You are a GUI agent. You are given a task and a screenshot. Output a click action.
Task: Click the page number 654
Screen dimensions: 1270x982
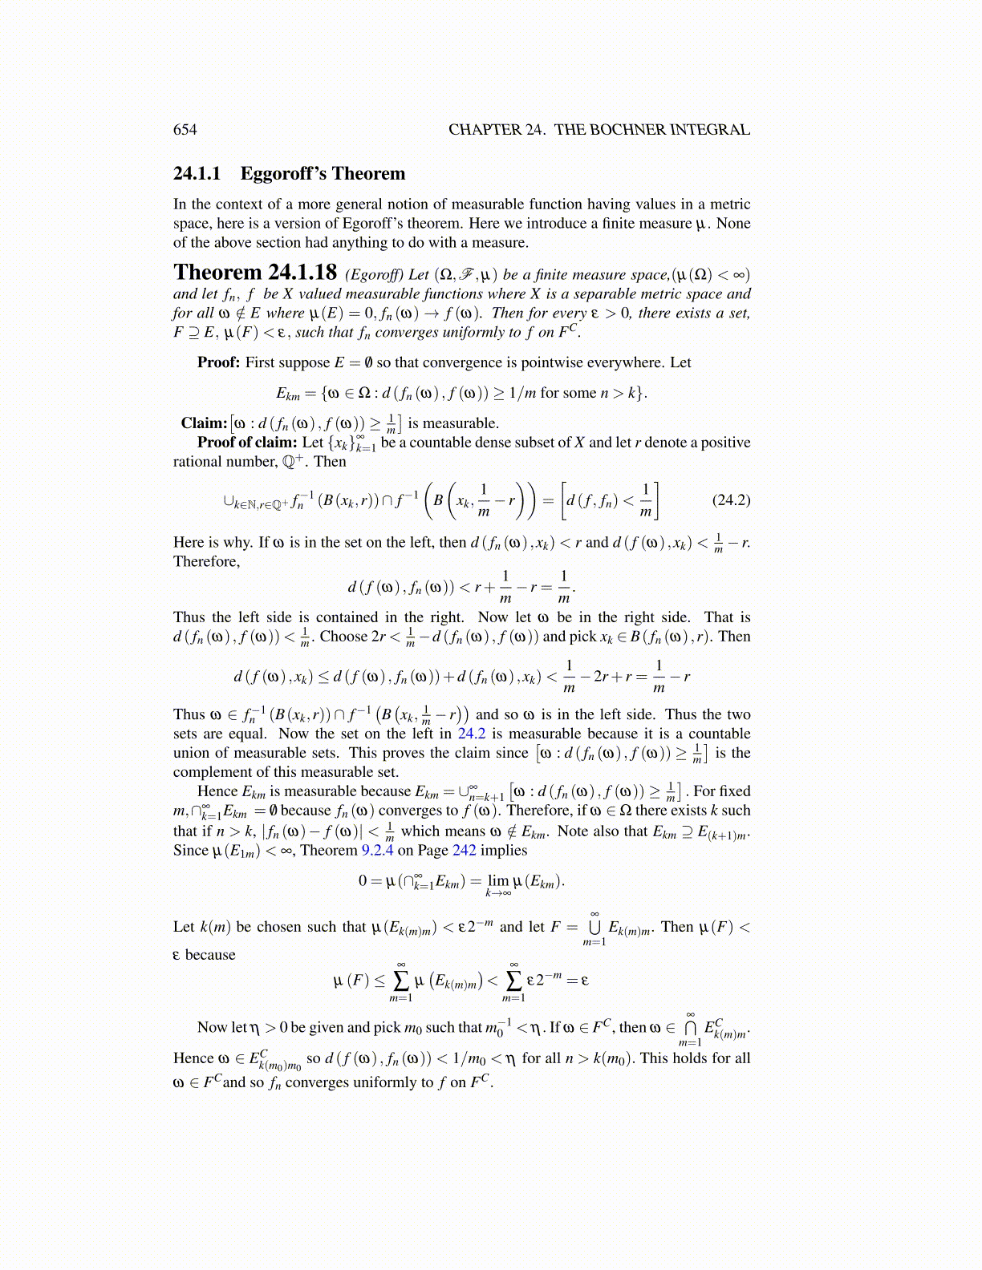[x=185, y=130]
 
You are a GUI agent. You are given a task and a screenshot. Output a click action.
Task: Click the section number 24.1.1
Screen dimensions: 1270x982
[x=197, y=174]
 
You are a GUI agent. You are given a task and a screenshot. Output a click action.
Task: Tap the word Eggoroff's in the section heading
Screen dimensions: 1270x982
[x=284, y=174]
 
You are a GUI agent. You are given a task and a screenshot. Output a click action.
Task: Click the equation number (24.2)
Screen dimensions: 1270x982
[x=731, y=500]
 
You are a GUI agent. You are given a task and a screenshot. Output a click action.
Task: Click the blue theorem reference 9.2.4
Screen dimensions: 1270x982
[x=377, y=851]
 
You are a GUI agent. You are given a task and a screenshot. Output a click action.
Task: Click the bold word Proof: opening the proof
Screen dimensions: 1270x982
[x=218, y=362]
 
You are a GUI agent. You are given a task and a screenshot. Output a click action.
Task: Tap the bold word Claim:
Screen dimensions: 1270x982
[x=204, y=423]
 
